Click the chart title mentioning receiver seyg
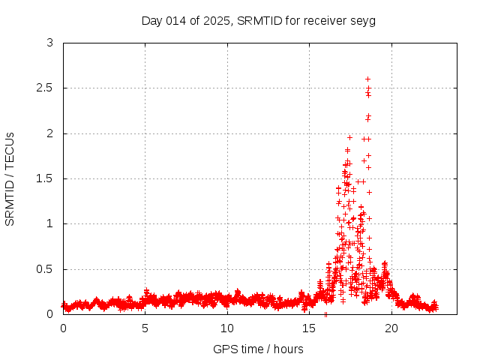(x=258, y=20)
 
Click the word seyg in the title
(x=362, y=20)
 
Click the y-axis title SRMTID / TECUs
(x=10, y=178)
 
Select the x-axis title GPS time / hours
(x=258, y=349)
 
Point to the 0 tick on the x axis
(x=63, y=328)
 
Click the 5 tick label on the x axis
(x=145, y=328)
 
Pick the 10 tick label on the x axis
(x=227, y=328)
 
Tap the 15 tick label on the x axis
(x=309, y=328)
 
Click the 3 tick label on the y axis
(x=49, y=43)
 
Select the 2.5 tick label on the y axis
(x=45, y=88)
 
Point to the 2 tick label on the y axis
(x=49, y=133)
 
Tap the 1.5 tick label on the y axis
(x=45, y=178)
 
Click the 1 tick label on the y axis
(x=49, y=223)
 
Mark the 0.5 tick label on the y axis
(x=45, y=269)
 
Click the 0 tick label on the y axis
(x=49, y=314)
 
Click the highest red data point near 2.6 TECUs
(x=367, y=79)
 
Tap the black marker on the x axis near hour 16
(x=325, y=313)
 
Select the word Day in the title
(x=152, y=20)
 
